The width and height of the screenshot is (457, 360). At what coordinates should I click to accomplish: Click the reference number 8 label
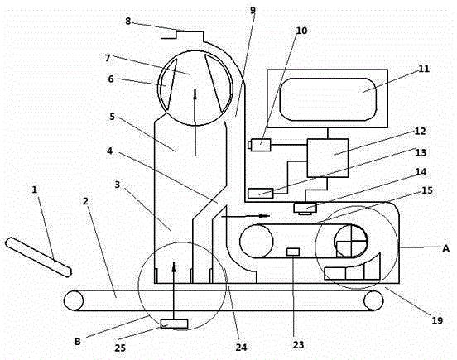[128, 22]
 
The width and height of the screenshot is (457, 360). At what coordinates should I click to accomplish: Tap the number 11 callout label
[424, 69]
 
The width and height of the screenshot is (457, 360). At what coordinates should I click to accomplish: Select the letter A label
[445, 248]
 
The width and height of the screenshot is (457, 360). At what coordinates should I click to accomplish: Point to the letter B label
[78, 341]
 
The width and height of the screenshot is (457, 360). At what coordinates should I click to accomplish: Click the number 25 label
[120, 348]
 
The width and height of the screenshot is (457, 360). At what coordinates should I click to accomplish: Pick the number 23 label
[298, 345]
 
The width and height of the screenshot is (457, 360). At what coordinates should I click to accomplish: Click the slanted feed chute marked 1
[38, 257]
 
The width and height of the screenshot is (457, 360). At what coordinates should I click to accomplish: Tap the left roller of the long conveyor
[74, 300]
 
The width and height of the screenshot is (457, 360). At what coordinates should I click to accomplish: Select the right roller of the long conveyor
[373, 300]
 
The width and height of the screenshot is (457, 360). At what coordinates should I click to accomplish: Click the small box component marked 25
[175, 324]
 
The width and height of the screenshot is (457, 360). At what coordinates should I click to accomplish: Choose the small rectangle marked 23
[293, 252]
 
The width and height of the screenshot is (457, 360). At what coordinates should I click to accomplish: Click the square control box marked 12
[328, 158]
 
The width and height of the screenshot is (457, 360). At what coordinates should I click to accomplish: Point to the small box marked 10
[259, 145]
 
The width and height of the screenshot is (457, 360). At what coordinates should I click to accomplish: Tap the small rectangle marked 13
[261, 194]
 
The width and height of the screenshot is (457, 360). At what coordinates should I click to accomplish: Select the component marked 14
[305, 209]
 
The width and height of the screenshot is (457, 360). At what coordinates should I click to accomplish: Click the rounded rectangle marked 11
[328, 99]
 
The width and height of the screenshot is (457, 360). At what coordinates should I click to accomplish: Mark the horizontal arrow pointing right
[246, 216]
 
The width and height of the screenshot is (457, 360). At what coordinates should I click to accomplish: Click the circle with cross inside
[352, 241]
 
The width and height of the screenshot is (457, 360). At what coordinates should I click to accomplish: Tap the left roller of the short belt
[256, 241]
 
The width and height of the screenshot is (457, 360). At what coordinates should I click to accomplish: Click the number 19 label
[437, 320]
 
